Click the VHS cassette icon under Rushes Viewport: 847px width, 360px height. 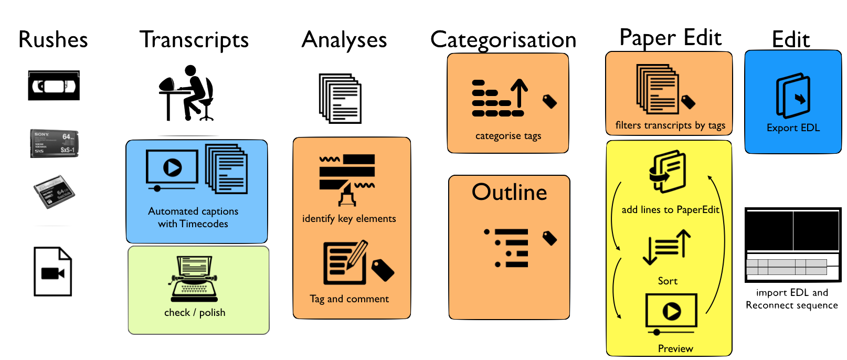(x=54, y=86)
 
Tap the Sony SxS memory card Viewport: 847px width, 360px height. (x=54, y=143)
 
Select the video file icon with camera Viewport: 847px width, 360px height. (x=52, y=272)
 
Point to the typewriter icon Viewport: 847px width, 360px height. (x=194, y=279)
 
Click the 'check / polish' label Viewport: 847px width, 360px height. (x=195, y=313)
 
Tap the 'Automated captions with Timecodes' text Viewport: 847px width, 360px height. (x=193, y=217)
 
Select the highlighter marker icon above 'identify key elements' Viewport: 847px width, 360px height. (x=347, y=195)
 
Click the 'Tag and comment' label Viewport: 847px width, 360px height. (x=350, y=299)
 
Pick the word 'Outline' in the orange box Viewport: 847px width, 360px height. (x=509, y=192)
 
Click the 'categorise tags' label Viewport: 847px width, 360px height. (x=508, y=136)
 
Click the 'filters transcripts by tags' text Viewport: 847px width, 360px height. (x=670, y=125)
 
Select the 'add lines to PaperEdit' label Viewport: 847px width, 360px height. (x=670, y=210)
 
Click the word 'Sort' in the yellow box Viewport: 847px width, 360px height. (x=668, y=281)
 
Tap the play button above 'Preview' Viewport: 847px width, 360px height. (x=671, y=311)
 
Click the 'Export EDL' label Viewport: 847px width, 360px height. (x=793, y=128)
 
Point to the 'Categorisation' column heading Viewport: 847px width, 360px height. (x=503, y=40)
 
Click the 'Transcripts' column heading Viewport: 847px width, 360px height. (x=194, y=40)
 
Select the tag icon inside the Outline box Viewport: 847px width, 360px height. (x=549, y=238)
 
